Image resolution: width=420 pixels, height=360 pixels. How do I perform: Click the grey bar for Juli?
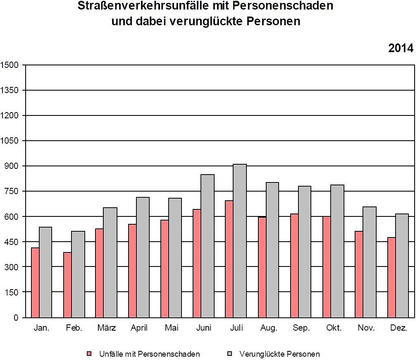click(240, 241)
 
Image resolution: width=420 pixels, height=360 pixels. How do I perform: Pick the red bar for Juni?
click(197, 263)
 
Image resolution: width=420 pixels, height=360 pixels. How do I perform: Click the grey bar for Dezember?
click(402, 265)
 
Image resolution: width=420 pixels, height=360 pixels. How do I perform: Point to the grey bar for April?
click(143, 257)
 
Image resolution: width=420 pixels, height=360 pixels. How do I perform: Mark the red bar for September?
click(294, 265)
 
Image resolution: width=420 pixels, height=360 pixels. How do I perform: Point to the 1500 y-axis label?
click(10, 65)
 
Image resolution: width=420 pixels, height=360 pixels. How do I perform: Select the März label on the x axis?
click(106, 328)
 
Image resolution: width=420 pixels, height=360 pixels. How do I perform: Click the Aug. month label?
click(269, 328)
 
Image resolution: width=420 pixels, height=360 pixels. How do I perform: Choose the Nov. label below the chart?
click(366, 328)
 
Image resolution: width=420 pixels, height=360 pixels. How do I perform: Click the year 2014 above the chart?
click(401, 48)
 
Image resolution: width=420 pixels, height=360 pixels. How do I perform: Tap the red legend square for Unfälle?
click(89, 354)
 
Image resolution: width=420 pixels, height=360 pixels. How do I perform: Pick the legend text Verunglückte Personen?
click(279, 354)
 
